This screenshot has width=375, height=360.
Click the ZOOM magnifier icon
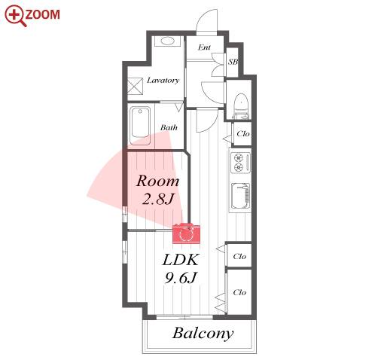point(16,16)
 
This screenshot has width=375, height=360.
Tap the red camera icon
point(186,233)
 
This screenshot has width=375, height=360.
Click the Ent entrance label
point(204,47)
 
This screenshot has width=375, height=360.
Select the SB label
point(233,62)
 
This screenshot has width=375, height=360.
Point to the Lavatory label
point(163,81)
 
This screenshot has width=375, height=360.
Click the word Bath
point(169,127)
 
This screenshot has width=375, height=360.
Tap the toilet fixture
point(242,106)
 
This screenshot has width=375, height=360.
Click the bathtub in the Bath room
point(140,126)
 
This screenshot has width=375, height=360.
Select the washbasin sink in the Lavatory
point(167,41)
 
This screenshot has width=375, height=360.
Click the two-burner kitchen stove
point(240,163)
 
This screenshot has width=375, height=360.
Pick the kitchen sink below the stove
point(240,196)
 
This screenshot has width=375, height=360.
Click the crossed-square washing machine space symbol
point(135,86)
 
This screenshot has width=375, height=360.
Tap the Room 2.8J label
point(158,190)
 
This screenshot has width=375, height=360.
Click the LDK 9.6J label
point(181,268)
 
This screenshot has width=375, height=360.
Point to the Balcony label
point(203,334)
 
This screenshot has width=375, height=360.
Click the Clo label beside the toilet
point(242,133)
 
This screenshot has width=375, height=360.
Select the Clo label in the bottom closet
point(239,292)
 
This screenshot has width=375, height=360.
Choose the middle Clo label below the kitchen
point(239,256)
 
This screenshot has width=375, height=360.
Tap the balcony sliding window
point(184,317)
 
